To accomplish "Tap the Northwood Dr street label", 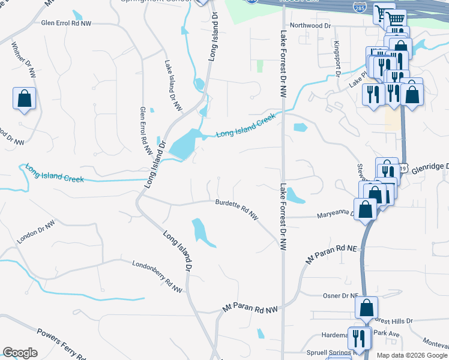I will point(310,26).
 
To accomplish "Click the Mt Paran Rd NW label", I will point(251,308).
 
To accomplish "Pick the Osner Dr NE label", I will point(340,296).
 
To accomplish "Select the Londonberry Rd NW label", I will point(157,276).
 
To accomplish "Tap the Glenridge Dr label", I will point(429,169).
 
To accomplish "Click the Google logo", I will point(20,353).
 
